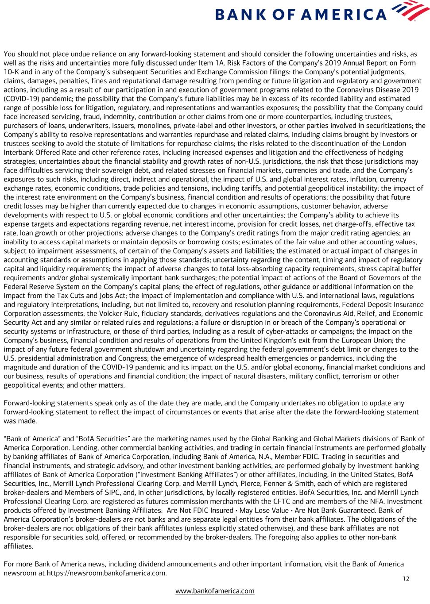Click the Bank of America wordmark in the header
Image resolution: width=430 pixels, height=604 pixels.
tap(301, 14)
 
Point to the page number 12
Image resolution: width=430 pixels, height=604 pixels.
tap(406, 579)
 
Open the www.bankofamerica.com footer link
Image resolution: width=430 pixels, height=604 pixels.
tap(215, 591)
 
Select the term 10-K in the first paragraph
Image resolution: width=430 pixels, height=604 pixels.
tap(12, 72)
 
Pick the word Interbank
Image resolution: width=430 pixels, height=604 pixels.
tap(19, 152)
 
